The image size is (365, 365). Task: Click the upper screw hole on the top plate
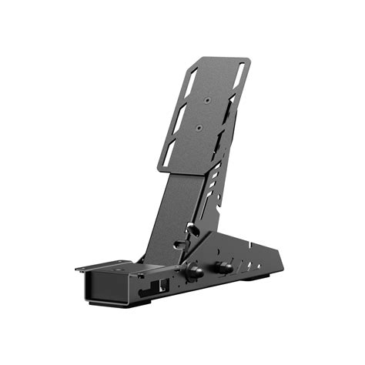(x=208, y=100)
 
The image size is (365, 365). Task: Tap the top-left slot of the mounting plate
(x=193, y=79)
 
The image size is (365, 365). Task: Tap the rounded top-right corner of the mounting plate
(x=246, y=60)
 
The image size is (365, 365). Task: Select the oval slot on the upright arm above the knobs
(x=179, y=244)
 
